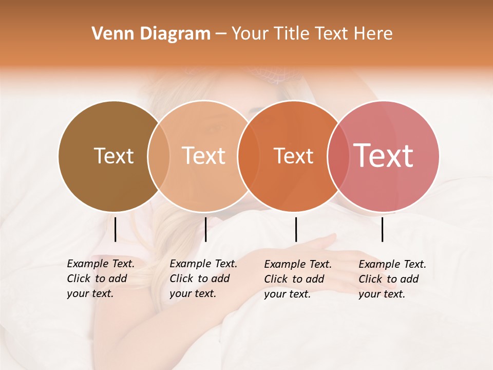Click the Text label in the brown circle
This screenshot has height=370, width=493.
[113, 156]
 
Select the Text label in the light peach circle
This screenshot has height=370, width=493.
[203, 156]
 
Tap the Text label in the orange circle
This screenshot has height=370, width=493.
[293, 156]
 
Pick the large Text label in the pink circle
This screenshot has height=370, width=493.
[383, 156]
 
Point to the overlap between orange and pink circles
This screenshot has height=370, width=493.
[337, 156]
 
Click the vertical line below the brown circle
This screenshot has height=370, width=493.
[115, 229]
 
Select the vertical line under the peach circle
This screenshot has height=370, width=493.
[205, 229]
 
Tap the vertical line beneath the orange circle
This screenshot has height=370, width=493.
[296, 229]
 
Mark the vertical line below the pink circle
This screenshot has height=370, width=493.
[382, 229]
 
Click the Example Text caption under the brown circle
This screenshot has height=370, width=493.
[100, 279]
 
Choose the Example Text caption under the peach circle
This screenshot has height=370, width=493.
[203, 279]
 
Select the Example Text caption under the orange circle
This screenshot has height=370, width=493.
[297, 279]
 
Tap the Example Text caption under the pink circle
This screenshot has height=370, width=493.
[392, 279]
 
